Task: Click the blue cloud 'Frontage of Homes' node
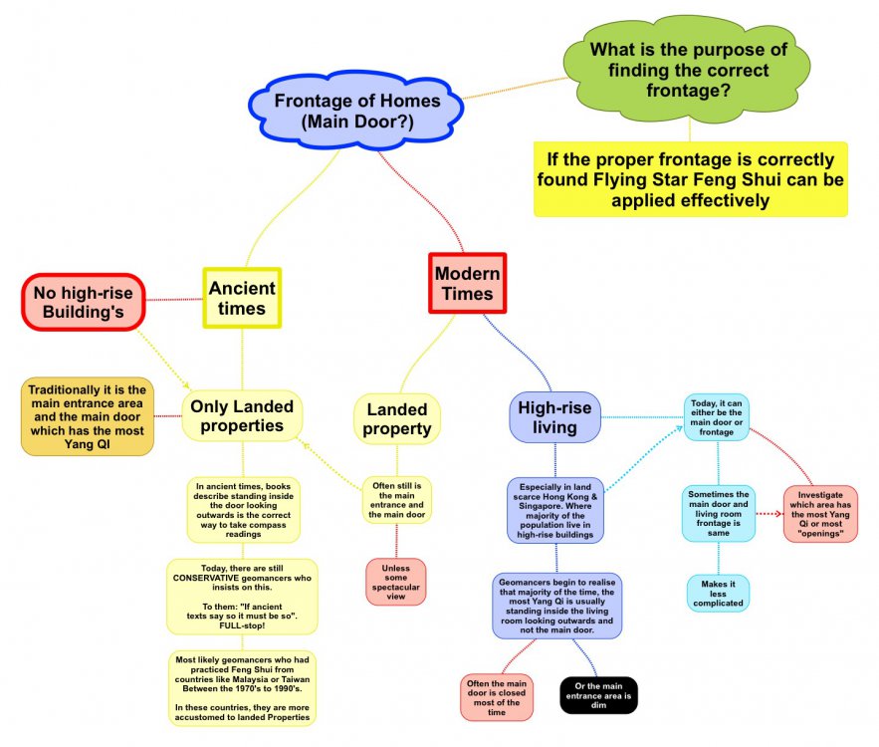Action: [x=356, y=111]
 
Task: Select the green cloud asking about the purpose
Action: [x=688, y=69]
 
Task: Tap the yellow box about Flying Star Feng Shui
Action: [x=691, y=179]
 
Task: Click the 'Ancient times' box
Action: [x=242, y=298]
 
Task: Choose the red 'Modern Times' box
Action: [x=468, y=283]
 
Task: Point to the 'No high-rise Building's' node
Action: [x=84, y=302]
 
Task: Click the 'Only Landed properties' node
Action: [x=242, y=415]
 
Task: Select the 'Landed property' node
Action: [x=397, y=419]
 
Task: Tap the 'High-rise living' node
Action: [x=555, y=417]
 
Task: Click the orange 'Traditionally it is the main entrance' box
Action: [x=88, y=416]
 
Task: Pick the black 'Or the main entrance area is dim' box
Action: [x=598, y=695]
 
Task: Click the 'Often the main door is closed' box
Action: [x=497, y=697]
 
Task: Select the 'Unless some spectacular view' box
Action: [x=396, y=582]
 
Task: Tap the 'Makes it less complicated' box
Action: [x=718, y=594]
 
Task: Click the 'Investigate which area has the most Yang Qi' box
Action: [x=820, y=514]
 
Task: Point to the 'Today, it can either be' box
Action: [x=717, y=417]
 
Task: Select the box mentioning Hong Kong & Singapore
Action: [x=555, y=511]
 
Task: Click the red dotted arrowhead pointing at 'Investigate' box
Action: [x=778, y=514]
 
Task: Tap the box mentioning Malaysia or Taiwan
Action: [x=242, y=688]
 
